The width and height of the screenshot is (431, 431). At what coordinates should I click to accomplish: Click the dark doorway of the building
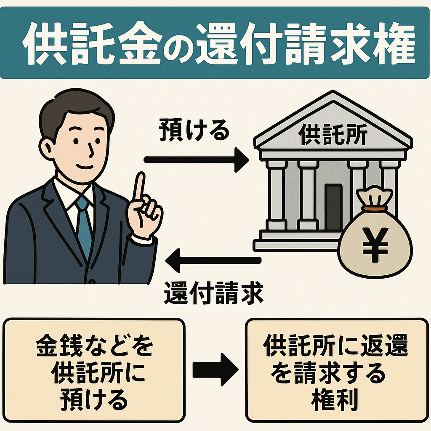click(x=334, y=206)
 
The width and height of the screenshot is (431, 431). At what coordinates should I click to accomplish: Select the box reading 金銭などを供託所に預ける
click(x=94, y=370)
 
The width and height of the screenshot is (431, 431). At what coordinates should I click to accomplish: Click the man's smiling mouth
click(x=87, y=166)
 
